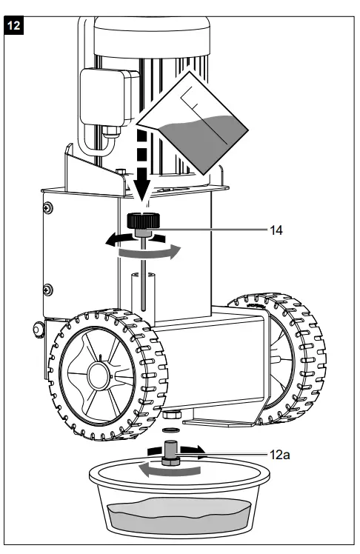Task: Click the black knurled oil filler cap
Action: pyautogui.click(x=140, y=221)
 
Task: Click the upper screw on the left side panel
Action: pyautogui.click(x=48, y=205)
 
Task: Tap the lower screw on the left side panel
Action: pyautogui.click(x=48, y=287)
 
